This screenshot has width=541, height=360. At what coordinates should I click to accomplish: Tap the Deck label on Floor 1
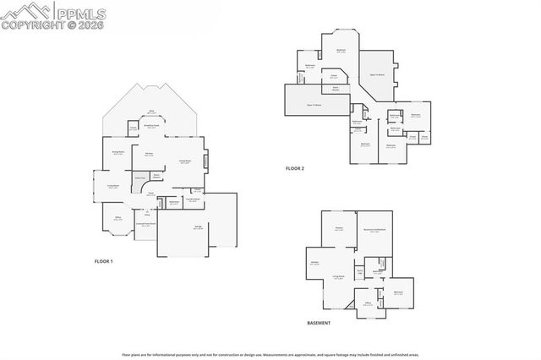pyautogui.click(x=152, y=112)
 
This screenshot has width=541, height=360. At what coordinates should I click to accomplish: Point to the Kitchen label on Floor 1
pyautogui.click(x=149, y=155)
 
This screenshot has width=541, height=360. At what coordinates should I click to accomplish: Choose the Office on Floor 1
pyautogui.click(x=118, y=220)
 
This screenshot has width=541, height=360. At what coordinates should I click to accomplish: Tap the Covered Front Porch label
pyautogui.click(x=145, y=225)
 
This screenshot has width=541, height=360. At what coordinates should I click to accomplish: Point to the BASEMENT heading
pyautogui.click(x=319, y=323)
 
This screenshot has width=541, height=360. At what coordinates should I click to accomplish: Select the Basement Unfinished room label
pyautogui.click(x=374, y=231)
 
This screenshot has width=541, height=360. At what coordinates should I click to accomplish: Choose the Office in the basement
pyautogui.click(x=369, y=303)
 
